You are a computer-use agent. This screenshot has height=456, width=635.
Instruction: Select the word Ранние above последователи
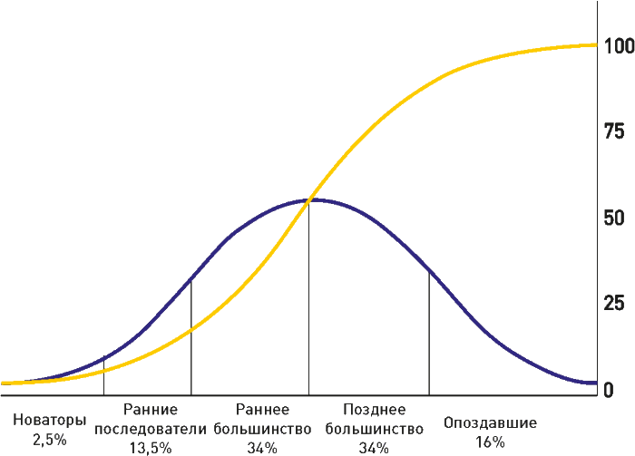click(x=151, y=410)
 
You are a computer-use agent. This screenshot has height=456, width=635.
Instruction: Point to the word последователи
click(x=151, y=428)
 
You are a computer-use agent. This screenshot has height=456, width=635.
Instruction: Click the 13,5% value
click(x=151, y=446)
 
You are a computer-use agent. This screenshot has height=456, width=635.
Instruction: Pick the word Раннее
click(x=263, y=410)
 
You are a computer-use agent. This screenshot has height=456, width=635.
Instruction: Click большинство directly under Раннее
click(x=263, y=428)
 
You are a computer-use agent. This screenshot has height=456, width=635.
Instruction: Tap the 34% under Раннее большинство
click(x=263, y=446)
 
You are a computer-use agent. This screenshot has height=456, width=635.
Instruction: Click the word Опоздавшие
click(x=491, y=422)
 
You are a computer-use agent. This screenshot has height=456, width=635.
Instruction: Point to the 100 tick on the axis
click(x=617, y=44)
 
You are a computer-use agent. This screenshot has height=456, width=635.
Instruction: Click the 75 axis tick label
click(x=614, y=131)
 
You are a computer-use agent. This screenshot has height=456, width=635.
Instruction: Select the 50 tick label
click(x=614, y=218)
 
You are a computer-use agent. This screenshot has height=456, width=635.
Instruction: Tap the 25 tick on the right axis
click(x=614, y=303)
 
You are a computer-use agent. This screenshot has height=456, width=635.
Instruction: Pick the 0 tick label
click(x=610, y=390)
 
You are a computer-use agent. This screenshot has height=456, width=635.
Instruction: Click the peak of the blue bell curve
click(x=309, y=199)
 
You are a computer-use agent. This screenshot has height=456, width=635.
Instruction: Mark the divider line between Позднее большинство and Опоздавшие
click(x=429, y=335)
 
